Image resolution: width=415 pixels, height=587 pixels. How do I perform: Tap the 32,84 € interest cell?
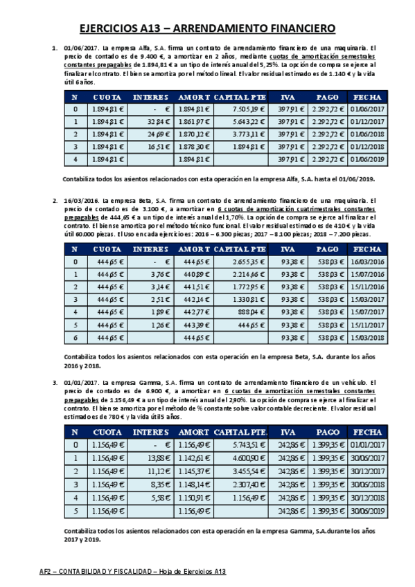pos(152,122)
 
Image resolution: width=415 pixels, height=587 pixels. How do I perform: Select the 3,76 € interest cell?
pos(152,274)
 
